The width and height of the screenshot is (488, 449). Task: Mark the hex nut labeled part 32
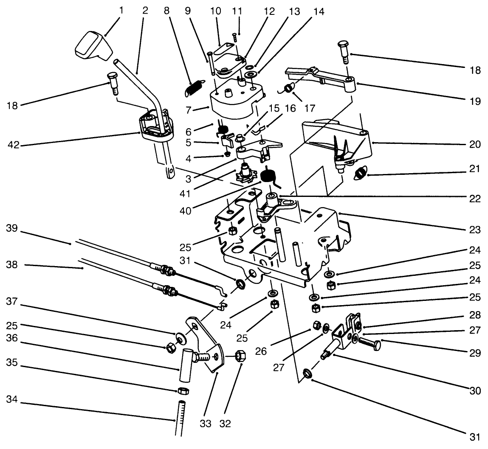click(x=240, y=356)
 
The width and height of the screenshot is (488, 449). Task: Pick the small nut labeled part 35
click(x=182, y=390)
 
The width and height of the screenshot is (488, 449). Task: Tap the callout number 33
click(x=206, y=424)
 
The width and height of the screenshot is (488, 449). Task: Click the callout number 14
click(x=319, y=11)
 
